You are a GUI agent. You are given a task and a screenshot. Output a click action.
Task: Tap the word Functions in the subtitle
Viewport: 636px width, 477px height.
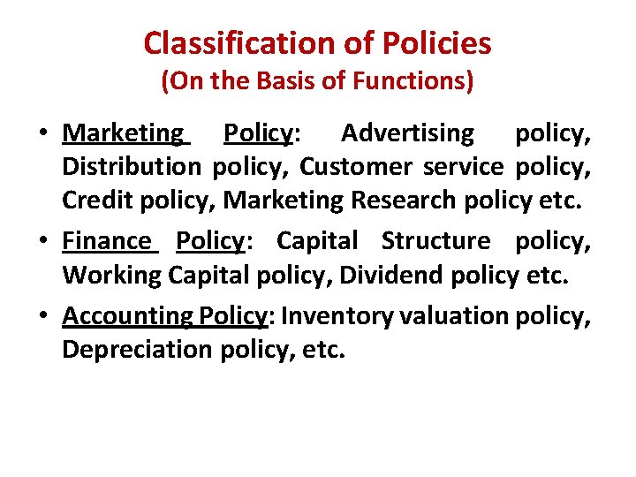click(412, 82)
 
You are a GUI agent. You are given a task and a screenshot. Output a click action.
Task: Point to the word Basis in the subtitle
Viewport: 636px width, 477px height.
click(282, 82)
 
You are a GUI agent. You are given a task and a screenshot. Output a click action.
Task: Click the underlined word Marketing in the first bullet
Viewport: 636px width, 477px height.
click(123, 133)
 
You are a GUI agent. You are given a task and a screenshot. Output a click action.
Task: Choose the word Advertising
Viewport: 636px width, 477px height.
click(407, 133)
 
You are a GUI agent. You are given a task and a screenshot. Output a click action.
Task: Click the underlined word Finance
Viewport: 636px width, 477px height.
click(107, 241)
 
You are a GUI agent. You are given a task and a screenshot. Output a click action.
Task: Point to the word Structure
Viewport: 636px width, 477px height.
click(435, 241)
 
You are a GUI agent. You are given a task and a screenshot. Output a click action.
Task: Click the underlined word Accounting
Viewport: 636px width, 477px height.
click(127, 316)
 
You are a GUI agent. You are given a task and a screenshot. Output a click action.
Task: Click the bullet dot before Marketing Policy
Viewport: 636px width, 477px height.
click(42, 135)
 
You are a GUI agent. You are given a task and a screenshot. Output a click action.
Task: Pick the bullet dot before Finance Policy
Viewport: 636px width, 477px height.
click(42, 242)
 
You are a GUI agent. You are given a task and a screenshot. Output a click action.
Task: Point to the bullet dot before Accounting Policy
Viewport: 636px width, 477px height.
click(42, 317)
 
